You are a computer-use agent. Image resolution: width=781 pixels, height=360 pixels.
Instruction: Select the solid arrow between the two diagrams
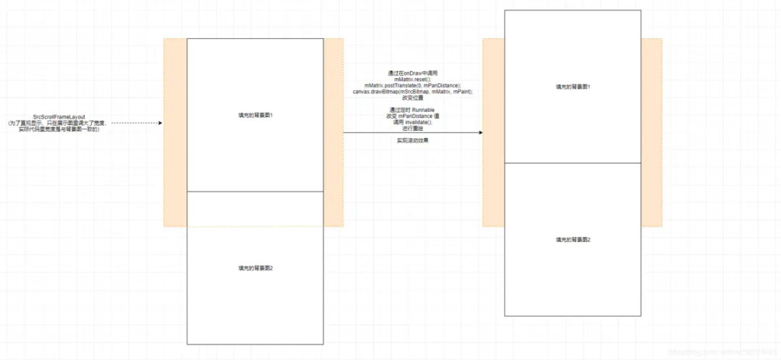[x=412, y=132]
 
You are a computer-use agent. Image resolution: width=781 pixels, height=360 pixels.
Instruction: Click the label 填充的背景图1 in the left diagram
[x=255, y=115]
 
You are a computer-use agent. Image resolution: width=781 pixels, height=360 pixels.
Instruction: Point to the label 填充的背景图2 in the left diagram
[x=255, y=268]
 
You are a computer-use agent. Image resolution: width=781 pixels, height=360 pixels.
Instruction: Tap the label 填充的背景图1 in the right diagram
[x=573, y=87]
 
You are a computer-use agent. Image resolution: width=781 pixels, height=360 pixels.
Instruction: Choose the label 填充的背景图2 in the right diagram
[x=573, y=239]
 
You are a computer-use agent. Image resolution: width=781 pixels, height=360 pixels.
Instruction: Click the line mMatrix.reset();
[x=413, y=80]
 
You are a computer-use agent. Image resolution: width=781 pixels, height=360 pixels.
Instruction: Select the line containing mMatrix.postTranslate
[x=413, y=86]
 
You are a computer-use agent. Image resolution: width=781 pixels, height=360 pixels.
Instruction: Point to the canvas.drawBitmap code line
[x=413, y=93]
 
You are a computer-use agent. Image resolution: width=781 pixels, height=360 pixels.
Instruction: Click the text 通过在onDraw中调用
[x=413, y=73]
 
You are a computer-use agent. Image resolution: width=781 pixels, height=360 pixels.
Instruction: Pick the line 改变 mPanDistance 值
[x=413, y=116]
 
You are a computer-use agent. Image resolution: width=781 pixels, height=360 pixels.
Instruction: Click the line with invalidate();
[x=413, y=122]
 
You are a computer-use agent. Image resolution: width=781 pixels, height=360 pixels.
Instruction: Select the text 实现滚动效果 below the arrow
[x=413, y=140]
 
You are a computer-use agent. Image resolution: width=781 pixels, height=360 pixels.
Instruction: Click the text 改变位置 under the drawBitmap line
[x=413, y=99]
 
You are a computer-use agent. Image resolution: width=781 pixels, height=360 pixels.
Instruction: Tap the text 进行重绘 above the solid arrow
[x=413, y=128]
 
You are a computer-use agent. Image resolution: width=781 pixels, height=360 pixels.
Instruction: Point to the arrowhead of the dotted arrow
[x=160, y=123]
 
